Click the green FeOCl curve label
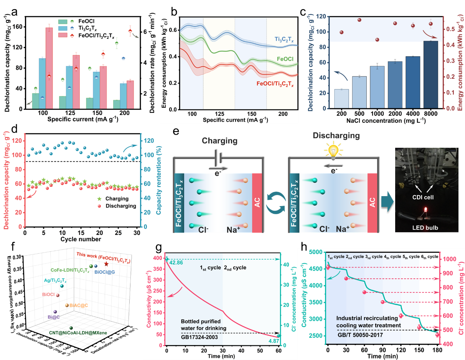[284, 59]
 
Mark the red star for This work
[106, 264]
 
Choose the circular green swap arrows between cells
[275, 203]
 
